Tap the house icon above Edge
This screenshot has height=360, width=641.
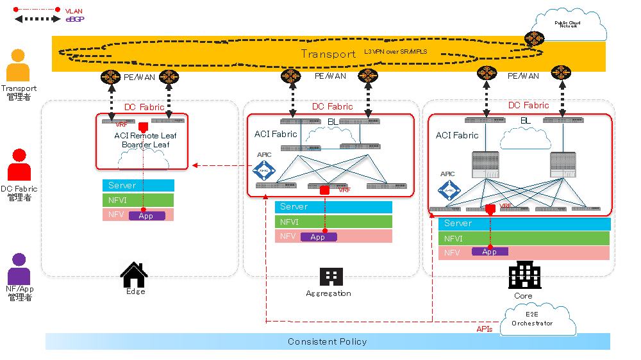coord(134,275)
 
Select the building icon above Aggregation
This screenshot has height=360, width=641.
coord(331,277)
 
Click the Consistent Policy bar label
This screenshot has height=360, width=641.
coord(328,341)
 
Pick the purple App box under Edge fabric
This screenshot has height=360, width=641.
coord(147,216)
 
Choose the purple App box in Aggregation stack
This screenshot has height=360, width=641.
coord(318,237)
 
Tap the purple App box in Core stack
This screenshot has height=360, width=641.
coord(490,252)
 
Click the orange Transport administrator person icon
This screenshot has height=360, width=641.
coord(18,65)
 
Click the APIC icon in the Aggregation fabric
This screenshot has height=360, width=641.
coord(263,170)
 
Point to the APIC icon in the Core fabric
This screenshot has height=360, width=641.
coord(448,190)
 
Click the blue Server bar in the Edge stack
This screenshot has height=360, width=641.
coord(138,185)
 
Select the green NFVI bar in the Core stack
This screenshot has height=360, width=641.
coord(524,238)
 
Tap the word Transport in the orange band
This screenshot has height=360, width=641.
coord(328,54)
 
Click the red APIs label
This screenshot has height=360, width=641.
coord(485,329)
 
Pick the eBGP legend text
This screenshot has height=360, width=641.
coord(75,19)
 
